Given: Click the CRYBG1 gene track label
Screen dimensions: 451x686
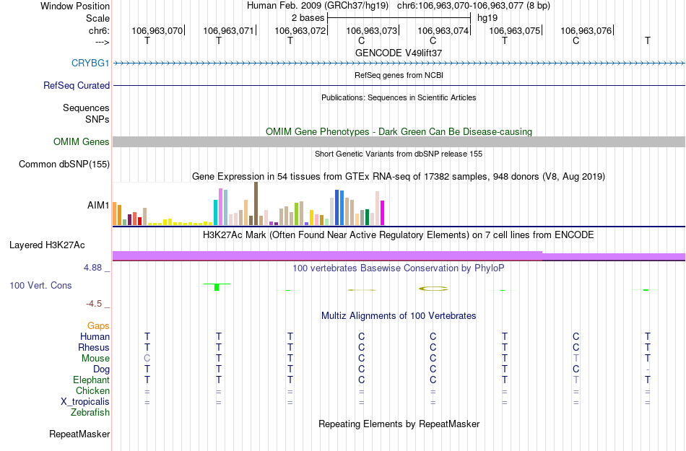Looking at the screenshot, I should coord(90,63).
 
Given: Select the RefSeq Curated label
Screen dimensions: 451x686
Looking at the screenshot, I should coord(77,85).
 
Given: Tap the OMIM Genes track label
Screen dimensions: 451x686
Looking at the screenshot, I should coord(82,142).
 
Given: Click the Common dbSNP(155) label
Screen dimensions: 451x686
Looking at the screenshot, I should coord(64,165).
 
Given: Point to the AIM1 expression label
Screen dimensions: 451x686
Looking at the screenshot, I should coord(98,206).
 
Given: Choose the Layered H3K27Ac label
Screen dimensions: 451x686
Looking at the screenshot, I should coord(59,245).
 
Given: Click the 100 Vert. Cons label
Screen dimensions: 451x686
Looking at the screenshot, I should coord(40,286).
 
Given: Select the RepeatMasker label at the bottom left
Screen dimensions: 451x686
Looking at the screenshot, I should coord(79,434).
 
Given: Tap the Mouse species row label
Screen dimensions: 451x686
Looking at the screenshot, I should coord(95,359).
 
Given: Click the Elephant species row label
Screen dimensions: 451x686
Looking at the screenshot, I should coord(91,380).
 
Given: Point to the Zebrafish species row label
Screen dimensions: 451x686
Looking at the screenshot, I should coord(90,413).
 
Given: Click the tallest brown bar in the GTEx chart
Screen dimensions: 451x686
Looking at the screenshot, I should coord(256,203).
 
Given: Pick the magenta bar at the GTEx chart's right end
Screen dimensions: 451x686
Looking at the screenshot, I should coord(382,213).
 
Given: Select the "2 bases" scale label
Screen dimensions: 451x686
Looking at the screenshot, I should coord(308,17).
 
